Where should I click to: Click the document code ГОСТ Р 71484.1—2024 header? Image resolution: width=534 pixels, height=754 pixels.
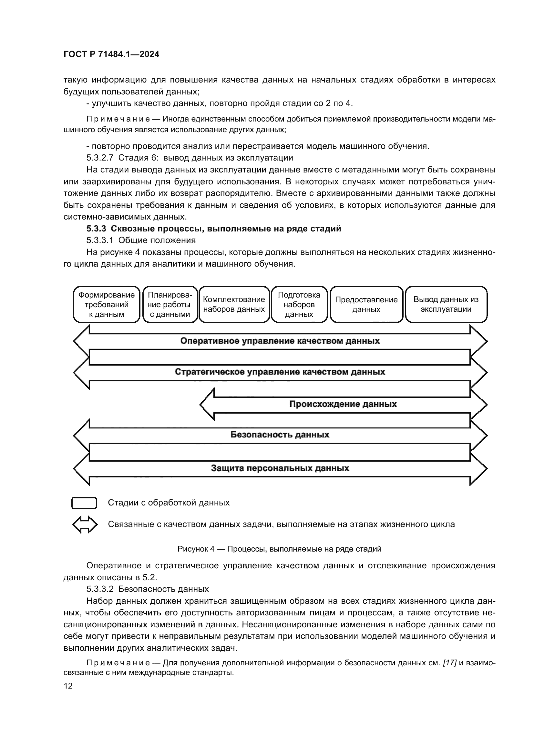tap(111, 54)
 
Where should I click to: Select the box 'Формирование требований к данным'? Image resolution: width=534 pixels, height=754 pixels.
tap(107, 304)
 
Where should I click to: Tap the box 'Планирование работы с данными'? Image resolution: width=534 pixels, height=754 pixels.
tap(170, 304)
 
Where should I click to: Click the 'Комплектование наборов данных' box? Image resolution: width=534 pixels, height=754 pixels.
tap(234, 304)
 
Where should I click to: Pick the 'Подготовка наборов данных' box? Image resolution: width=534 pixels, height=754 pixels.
tap(299, 304)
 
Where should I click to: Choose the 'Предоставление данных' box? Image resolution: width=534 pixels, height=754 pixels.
tap(366, 304)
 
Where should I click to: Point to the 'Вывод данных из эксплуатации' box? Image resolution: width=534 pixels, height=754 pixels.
tap(446, 304)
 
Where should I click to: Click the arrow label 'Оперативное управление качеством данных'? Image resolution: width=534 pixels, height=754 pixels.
tap(280, 341)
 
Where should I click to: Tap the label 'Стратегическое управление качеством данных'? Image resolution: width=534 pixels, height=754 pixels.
tap(280, 372)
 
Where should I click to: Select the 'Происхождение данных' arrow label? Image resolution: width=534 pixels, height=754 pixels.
tap(343, 404)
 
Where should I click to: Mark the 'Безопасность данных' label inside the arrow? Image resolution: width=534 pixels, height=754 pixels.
tap(280, 435)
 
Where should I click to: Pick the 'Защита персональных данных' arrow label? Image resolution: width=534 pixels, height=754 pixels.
tap(280, 468)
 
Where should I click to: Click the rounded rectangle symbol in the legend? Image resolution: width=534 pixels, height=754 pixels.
tap(84, 503)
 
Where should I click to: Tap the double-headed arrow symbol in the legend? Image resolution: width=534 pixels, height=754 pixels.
tap(85, 524)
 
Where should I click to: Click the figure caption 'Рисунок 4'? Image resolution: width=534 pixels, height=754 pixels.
tap(196, 549)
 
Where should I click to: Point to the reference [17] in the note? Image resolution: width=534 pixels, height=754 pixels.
tap(449, 663)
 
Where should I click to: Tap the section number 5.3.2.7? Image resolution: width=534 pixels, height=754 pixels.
tap(100, 158)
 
